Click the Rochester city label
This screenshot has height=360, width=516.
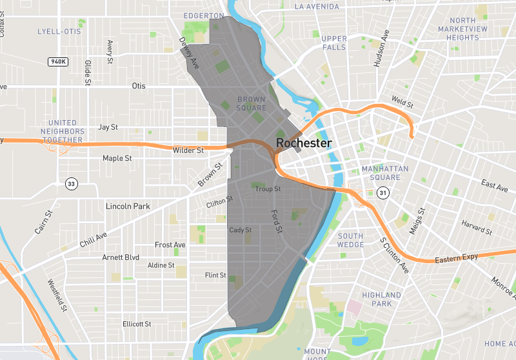[303, 143]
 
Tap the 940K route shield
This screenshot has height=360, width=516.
[58, 62]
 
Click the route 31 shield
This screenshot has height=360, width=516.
[383, 193]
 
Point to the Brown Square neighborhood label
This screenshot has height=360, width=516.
[252, 104]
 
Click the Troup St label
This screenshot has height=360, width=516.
[268, 189]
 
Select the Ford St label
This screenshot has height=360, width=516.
[277, 221]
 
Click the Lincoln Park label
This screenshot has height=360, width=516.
[128, 206]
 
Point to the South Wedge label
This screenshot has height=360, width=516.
[350, 240]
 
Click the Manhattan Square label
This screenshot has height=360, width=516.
[385, 173]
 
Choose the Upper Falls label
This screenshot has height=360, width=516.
[333, 43]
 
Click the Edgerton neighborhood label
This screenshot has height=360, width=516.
[203, 15]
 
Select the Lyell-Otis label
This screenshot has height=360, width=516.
[59, 31]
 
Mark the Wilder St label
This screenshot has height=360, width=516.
[188, 150]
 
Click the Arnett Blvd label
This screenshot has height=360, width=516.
[121, 257]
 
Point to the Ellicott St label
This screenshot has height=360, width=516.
[137, 324]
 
